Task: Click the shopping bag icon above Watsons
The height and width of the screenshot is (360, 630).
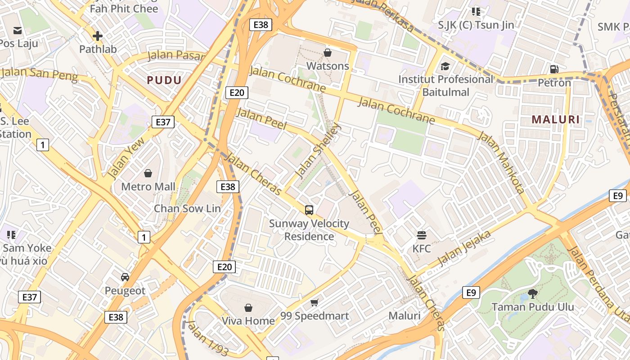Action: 328,53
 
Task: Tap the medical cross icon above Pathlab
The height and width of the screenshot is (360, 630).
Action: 98,36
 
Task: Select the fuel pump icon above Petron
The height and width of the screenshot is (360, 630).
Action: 554,69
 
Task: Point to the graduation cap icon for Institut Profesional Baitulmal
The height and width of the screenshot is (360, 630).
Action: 445,66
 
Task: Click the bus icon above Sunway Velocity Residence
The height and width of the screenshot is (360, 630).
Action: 309,210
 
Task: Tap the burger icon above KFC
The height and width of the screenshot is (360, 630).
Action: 422,235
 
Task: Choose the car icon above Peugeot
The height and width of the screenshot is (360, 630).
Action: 125,277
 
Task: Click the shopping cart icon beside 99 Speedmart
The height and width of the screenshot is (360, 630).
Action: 315,302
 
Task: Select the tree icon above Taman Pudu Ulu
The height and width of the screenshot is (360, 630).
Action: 533,294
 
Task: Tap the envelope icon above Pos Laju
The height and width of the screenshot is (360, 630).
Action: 18,31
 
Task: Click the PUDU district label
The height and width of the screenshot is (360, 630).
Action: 164,81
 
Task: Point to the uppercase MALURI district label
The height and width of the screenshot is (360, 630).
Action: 556,120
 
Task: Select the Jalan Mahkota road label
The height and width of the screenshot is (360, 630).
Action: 501,162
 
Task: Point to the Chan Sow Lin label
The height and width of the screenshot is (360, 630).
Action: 187,208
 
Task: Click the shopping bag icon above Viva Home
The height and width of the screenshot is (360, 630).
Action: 248,308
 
